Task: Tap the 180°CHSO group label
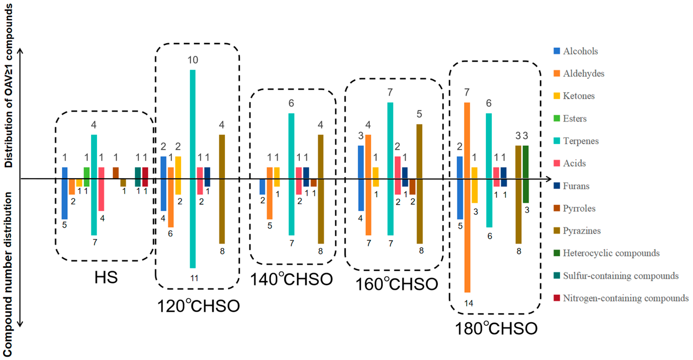496,329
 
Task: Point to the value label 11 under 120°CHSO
194,278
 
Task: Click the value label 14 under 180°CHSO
469,303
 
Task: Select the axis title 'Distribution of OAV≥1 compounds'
8,86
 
